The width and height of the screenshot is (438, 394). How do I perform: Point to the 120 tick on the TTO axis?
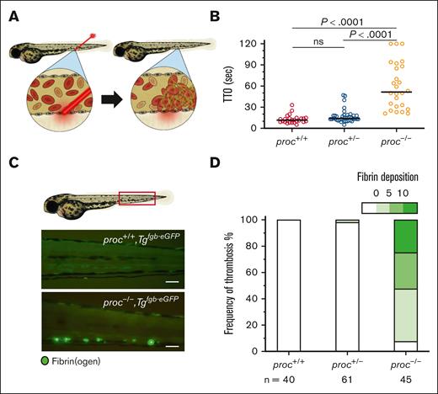click(x=270, y=42)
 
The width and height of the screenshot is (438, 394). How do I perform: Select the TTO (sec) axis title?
click(x=247, y=84)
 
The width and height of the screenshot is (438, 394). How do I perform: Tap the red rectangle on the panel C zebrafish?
click(x=136, y=199)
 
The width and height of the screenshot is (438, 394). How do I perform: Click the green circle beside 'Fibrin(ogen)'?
click(x=34, y=362)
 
